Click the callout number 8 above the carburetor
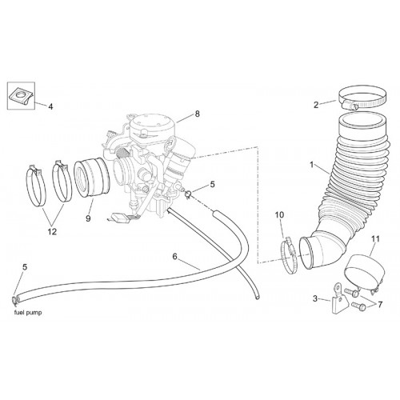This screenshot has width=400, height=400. [197, 114]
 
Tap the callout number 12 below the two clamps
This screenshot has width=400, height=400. [52, 232]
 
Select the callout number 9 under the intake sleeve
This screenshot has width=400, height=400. [88, 218]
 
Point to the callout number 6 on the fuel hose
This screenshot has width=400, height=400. [174, 257]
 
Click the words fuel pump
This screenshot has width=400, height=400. [28, 313]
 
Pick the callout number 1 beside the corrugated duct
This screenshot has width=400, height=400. [311, 165]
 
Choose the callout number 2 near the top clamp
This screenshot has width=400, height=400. [316, 105]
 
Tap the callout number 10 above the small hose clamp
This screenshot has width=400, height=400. [280, 214]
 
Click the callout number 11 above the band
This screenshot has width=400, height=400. [375, 239]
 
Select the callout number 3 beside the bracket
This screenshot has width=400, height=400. [315, 298]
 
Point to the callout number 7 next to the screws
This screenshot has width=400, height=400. [379, 305]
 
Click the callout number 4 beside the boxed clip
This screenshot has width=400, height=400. [50, 107]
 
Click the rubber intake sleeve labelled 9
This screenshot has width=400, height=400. [91, 178]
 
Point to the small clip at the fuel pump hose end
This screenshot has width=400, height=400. [14, 300]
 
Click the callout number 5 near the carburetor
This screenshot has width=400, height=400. [212, 184]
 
